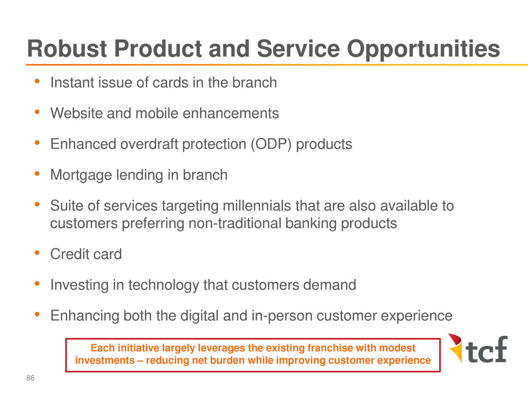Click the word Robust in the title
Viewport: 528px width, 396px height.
(x=67, y=48)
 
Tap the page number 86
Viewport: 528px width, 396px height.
(x=30, y=378)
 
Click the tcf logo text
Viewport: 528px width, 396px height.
(x=487, y=349)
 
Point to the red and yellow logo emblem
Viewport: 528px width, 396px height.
(x=456, y=348)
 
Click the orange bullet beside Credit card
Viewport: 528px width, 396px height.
(x=37, y=253)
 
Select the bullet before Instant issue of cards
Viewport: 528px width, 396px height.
(x=37, y=81)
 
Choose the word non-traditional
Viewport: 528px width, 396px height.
(x=235, y=224)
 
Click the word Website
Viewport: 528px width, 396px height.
(x=77, y=113)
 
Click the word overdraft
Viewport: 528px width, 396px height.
(x=149, y=144)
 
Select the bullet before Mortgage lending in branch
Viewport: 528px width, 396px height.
(x=37, y=174)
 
